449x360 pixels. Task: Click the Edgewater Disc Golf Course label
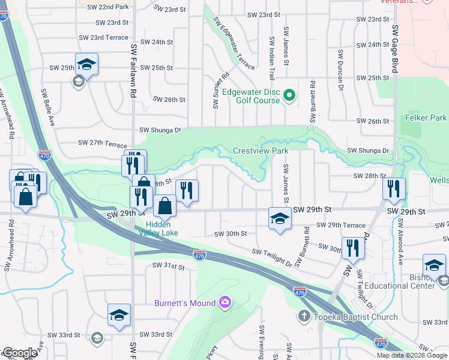coord(251,96)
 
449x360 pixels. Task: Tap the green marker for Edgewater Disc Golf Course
coord(289,95)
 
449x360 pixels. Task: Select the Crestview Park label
coord(261,151)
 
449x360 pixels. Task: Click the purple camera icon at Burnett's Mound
coord(225,302)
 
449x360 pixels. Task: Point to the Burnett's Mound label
coord(184,302)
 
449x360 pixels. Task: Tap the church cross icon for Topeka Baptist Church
coord(304,316)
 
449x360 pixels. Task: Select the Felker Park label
coord(426,118)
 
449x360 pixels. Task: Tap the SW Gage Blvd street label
coord(395,49)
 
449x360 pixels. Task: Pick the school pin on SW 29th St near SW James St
coord(280,218)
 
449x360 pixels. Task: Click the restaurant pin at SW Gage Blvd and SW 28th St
coord(394,188)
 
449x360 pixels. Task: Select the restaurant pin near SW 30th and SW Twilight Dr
coord(353,247)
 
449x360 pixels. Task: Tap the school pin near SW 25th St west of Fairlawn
coord(87,64)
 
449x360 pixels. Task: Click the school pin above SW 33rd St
coord(119,314)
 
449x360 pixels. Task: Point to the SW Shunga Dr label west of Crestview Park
coord(160,130)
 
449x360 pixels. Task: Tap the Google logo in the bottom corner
coord(19,353)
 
